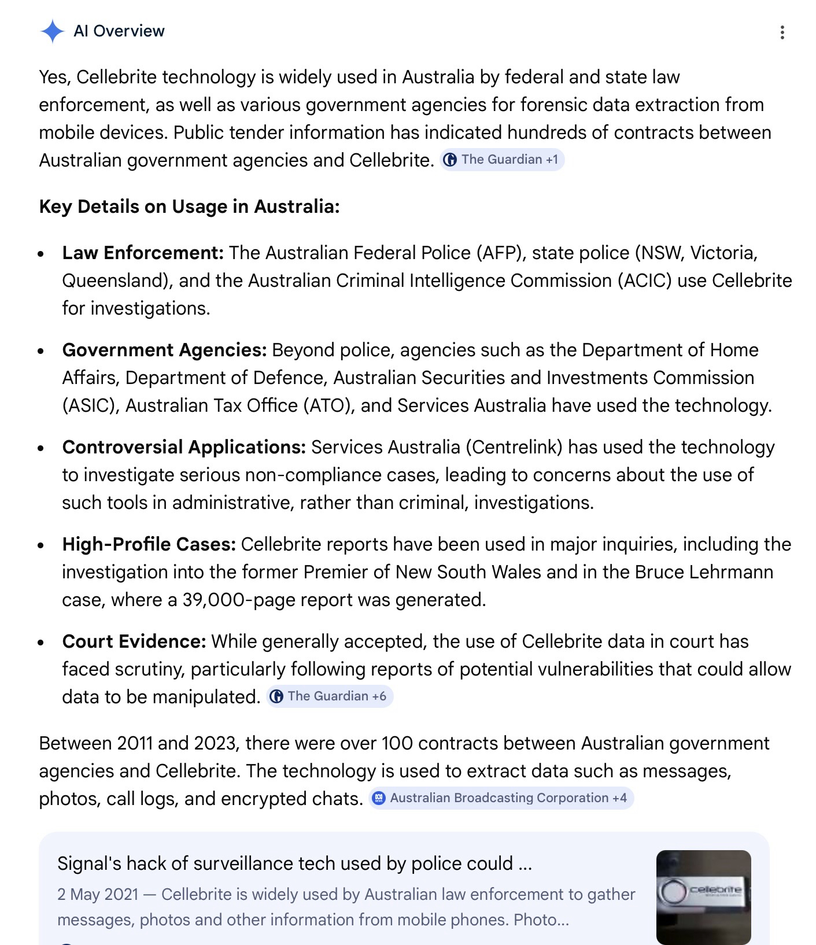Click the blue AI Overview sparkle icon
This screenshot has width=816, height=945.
pos(52,31)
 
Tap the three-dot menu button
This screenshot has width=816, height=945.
pos(782,32)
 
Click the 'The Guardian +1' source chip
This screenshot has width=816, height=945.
pos(502,160)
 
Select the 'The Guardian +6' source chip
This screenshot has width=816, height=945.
pos(329,696)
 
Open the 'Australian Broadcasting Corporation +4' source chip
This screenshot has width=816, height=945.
pos(501,798)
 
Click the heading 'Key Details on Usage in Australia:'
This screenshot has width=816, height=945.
pos(189,206)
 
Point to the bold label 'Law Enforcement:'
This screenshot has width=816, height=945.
pos(143,253)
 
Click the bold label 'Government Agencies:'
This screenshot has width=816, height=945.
pos(164,350)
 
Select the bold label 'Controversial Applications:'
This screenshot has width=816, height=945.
pos(184,447)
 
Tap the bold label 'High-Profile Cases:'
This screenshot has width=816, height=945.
pos(149,544)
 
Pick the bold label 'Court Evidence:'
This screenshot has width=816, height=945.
pos(134,641)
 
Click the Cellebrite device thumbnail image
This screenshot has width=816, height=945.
pos(703,896)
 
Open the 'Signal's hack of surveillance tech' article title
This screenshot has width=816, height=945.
pos(294,863)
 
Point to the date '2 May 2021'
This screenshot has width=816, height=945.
pos(98,894)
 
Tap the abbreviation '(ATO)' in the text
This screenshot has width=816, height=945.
pos(329,405)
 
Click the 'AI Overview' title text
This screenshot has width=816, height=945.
pos(119,31)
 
